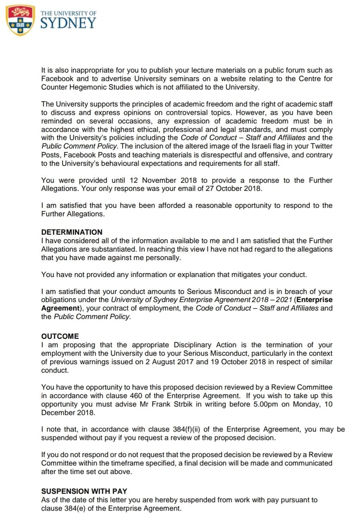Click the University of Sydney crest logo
click(x=20, y=20)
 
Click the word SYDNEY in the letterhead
click(x=68, y=23)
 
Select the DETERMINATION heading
click(x=72, y=232)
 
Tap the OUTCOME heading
click(x=60, y=336)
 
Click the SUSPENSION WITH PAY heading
click(x=84, y=491)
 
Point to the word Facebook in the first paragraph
click(x=57, y=79)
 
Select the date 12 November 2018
click(x=163, y=180)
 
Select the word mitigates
click(x=245, y=275)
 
